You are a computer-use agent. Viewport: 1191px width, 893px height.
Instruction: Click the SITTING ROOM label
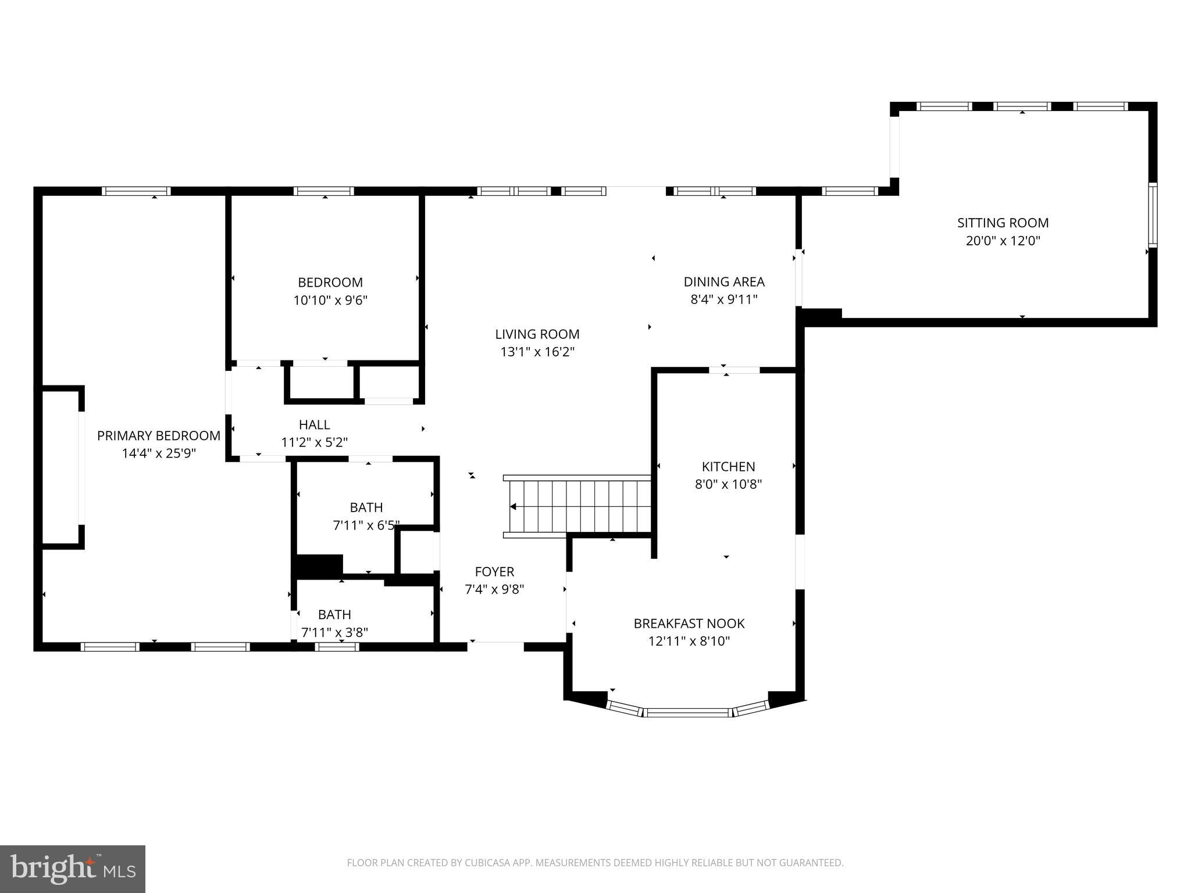pyautogui.click(x=1003, y=223)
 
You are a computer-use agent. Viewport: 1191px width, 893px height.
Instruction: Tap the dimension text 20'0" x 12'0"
pyautogui.click(x=1003, y=241)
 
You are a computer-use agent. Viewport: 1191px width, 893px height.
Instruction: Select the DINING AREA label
pyautogui.click(x=723, y=282)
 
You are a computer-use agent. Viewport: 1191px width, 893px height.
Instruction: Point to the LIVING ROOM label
pyautogui.click(x=537, y=334)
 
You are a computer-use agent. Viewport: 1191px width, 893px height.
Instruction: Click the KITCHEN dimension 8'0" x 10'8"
pyautogui.click(x=728, y=484)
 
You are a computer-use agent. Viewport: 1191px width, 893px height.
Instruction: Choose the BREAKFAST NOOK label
pyautogui.click(x=689, y=624)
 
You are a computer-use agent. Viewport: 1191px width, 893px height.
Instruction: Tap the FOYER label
pyautogui.click(x=494, y=571)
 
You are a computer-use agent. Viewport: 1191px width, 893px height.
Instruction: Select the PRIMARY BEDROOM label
pyautogui.click(x=158, y=435)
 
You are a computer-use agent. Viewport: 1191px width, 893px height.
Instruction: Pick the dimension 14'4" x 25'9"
pyautogui.click(x=158, y=453)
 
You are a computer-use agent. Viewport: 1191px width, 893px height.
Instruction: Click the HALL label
pyautogui.click(x=314, y=425)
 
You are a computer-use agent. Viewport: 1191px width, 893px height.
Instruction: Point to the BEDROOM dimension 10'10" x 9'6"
pyautogui.click(x=330, y=301)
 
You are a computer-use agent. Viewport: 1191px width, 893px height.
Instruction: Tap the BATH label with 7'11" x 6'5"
pyautogui.click(x=366, y=508)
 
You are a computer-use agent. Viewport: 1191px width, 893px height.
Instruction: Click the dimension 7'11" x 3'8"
pyautogui.click(x=334, y=633)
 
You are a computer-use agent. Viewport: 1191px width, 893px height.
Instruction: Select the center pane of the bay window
pyautogui.click(x=687, y=712)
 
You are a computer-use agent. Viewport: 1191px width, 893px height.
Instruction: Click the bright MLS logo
pyautogui.click(x=72, y=869)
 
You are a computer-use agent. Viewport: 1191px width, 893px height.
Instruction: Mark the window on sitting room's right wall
pyautogui.click(x=1152, y=215)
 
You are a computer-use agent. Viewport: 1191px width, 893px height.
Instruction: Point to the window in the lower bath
pyautogui.click(x=337, y=646)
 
